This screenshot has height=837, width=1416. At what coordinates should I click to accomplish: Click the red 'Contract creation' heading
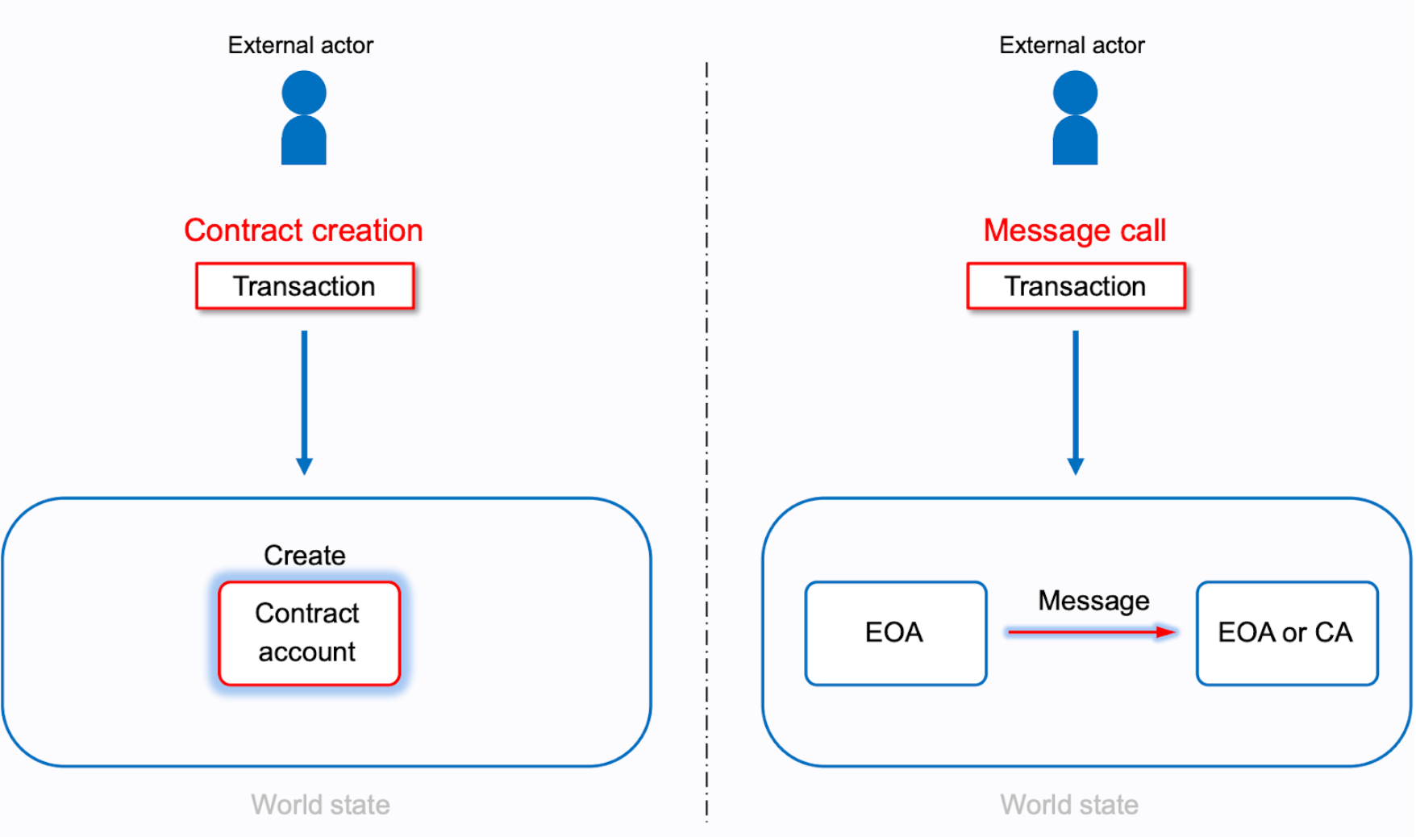[303, 231]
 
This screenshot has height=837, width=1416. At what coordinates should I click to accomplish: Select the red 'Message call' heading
[1074, 231]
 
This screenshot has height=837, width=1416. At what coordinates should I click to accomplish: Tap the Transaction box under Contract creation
[305, 286]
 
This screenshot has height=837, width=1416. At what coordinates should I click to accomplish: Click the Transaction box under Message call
[1076, 286]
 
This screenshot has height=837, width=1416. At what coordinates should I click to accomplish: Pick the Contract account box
[309, 633]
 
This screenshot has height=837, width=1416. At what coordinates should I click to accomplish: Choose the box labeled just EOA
[895, 633]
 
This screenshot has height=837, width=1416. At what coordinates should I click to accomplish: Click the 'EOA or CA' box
[1286, 633]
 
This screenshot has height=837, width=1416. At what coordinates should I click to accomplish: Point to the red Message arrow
[1092, 632]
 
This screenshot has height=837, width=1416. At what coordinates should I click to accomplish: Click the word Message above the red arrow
[1093, 601]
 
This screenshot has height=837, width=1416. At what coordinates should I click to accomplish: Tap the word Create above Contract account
[305, 556]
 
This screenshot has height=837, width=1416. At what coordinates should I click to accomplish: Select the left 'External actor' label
[300, 45]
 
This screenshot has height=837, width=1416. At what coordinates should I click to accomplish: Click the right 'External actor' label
[1072, 45]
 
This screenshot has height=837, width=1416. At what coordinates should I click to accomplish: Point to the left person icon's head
[304, 92]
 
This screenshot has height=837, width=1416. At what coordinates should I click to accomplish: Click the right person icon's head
[1075, 92]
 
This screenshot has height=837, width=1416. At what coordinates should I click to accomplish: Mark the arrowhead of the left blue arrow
[304, 466]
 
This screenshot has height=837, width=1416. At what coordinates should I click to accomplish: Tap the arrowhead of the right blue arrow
[1075, 466]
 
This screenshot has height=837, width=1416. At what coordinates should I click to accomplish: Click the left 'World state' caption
[320, 805]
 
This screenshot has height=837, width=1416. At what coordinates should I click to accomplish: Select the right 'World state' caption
[1069, 805]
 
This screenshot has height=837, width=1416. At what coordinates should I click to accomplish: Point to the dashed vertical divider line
[706, 403]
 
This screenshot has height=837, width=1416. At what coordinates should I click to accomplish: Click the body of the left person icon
[304, 143]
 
